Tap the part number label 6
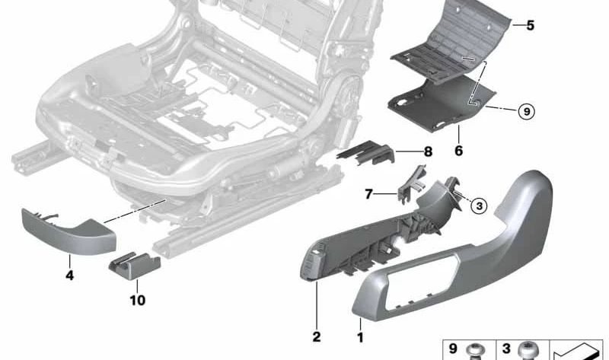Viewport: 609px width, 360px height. (458, 151)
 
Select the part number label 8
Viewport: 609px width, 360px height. (427, 151)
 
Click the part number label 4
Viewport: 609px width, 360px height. (69, 276)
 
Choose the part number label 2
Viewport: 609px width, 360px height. (316, 335)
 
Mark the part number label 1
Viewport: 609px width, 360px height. (360, 335)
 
